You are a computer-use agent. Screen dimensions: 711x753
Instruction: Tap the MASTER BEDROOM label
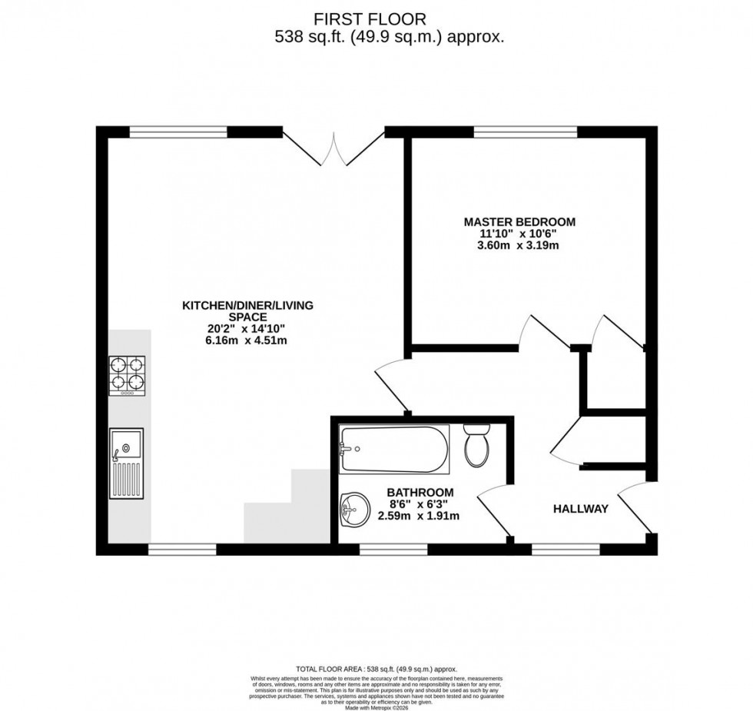(x=519, y=222)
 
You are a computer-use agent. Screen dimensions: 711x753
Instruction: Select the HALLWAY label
(x=581, y=509)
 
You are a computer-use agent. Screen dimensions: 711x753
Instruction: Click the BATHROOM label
(x=420, y=492)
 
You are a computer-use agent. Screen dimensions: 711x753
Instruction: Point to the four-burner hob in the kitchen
(x=128, y=376)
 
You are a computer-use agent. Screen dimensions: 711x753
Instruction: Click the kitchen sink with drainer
(x=126, y=463)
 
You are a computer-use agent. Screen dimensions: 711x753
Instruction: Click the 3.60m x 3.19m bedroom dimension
(x=519, y=247)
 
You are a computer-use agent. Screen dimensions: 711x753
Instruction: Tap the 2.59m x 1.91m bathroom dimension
(x=419, y=517)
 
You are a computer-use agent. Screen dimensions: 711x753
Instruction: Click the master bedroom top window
(x=526, y=132)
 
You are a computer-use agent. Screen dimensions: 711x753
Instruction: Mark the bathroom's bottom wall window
(x=393, y=550)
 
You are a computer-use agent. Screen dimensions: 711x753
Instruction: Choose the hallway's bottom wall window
(x=566, y=550)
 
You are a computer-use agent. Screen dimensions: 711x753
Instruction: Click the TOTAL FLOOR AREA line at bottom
(x=376, y=669)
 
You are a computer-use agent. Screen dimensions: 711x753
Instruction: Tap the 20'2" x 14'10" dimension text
(x=247, y=328)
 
